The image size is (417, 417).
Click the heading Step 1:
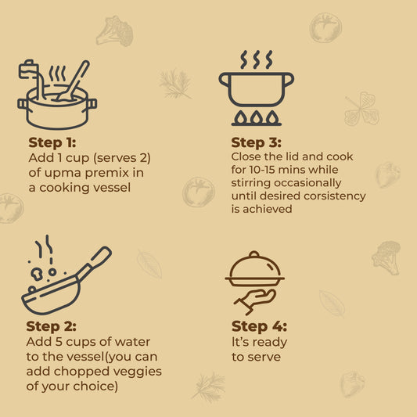tap(52, 142)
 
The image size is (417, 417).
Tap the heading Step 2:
tap(51, 326)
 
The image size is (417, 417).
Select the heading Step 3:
tap(256, 142)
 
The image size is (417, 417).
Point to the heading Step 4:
tap(259, 326)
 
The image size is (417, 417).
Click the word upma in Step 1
tap(63, 173)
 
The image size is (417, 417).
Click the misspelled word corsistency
tap(335, 196)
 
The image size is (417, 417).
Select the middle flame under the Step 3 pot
tap(256, 117)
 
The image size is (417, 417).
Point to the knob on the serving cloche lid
tap(254, 254)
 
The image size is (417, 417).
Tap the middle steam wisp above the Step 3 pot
tap(257, 59)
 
